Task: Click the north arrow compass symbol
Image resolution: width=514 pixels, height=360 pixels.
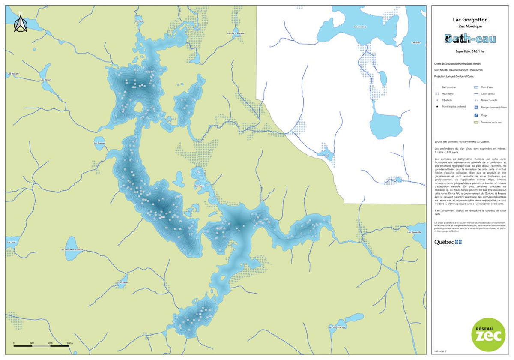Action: [20, 24]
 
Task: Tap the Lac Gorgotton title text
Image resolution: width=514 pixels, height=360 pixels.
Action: [470, 20]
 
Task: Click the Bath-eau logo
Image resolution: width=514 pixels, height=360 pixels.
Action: [470, 39]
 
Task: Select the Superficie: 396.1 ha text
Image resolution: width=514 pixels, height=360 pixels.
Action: [470, 51]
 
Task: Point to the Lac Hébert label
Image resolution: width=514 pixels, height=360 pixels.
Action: [13, 74]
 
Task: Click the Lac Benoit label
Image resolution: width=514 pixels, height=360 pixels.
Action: [45, 79]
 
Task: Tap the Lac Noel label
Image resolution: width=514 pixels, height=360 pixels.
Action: [139, 21]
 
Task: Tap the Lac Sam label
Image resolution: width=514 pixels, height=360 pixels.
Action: [199, 186]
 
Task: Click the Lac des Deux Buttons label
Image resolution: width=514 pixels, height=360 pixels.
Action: [72, 250]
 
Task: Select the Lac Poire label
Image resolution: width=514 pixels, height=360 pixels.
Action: [122, 282]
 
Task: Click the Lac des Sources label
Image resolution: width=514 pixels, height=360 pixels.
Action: [337, 327]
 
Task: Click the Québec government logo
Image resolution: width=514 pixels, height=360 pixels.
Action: [448, 242]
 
